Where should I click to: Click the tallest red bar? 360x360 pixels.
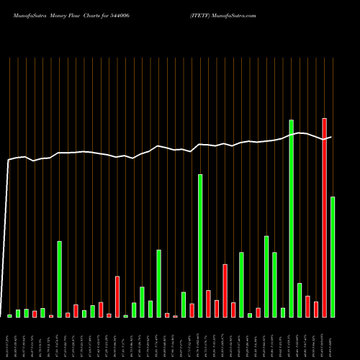(x=325, y=217)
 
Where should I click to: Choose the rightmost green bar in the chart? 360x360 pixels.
(x=333, y=257)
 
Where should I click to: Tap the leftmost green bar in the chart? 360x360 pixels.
(x=9, y=315)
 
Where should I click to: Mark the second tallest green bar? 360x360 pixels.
(x=200, y=246)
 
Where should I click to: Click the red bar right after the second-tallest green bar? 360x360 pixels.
(x=208, y=304)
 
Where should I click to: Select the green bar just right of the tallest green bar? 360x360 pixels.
(x=300, y=300)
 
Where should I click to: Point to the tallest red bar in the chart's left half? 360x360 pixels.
(x=117, y=297)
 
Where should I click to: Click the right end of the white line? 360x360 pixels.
(x=331, y=137)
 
